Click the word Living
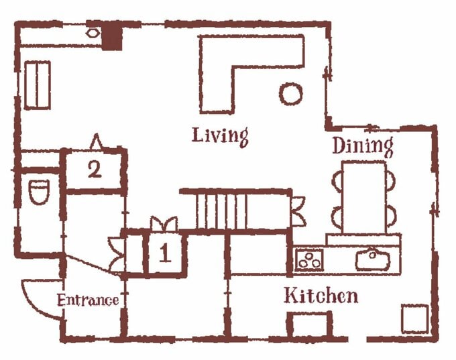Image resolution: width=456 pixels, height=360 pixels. pos(220,137)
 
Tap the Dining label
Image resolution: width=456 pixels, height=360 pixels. pos(363,146)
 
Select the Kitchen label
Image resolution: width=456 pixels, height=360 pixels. pos(321,296)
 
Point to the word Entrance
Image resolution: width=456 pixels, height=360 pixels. pos(88,300)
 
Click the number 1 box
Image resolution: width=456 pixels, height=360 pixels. pos(165,253)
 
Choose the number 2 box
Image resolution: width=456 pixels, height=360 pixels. pos(95,170)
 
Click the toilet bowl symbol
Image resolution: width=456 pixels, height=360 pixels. pos(39,191)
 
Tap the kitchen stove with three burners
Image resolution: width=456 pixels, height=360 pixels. pos(309,259)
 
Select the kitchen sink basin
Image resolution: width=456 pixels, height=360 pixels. pos(373,259)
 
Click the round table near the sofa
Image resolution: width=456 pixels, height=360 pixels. pos(291,94)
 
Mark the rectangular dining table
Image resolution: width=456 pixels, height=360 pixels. pos(365,198)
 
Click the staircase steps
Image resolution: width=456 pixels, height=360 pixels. pos(221,211)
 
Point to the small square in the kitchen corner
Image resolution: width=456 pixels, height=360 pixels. pos(415,318)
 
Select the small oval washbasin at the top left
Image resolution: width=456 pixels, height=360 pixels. pos(92,33)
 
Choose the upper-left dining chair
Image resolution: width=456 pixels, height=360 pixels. pos(337,181)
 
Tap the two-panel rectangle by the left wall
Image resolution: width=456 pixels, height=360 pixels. pos(38,85)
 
